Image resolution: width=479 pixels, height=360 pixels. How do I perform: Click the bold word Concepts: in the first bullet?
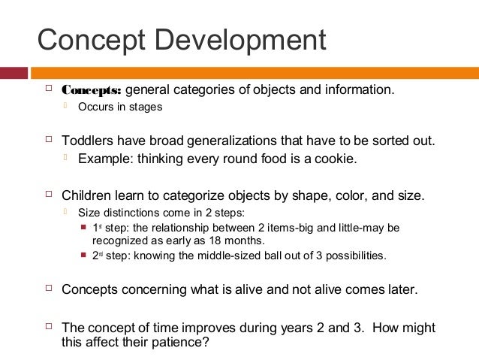point(91,91)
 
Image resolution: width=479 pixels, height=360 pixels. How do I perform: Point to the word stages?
point(146,107)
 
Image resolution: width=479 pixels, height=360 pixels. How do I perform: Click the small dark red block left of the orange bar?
point(14,73)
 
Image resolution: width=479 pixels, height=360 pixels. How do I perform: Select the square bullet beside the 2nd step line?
point(83,256)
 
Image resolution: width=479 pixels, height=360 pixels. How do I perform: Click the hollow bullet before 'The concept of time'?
point(49,328)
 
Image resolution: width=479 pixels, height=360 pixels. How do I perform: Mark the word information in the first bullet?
point(356,91)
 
